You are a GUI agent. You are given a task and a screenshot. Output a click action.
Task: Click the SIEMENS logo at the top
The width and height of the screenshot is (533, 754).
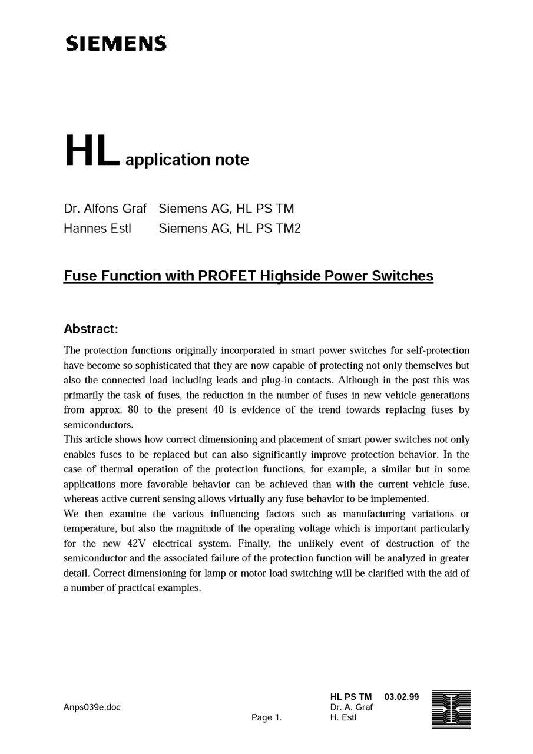coord(116,44)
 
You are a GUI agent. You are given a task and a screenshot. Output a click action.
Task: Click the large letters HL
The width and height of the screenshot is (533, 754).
coord(92,151)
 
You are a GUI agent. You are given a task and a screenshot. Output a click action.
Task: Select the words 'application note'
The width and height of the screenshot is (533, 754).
coord(187,160)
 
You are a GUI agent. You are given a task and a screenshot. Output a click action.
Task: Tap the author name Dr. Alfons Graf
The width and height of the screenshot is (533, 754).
coord(105,209)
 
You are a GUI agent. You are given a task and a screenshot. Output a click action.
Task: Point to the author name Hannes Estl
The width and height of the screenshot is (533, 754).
coord(97,228)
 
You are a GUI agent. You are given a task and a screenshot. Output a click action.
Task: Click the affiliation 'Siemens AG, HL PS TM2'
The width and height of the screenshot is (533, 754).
coord(230,228)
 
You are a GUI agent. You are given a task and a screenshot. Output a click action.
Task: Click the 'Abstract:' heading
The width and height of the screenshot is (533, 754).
coord(91,329)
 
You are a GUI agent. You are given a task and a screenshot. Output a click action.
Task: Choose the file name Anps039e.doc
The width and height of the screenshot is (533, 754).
coord(92,707)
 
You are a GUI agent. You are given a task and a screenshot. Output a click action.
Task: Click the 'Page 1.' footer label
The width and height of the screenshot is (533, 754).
coord(266,717)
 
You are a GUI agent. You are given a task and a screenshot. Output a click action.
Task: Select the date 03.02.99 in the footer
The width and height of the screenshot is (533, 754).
coord(401,697)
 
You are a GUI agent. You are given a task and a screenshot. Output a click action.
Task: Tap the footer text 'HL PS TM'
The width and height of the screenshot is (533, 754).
coord(351,697)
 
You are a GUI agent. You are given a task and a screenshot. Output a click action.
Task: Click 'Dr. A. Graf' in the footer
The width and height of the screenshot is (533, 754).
coord(352,707)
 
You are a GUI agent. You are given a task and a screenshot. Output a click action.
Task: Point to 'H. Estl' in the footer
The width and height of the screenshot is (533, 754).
coord(343,717)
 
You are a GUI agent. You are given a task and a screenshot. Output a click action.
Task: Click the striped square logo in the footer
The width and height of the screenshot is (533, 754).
coord(451,709)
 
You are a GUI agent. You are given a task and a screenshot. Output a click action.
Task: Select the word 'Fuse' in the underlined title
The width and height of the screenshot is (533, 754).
coord(80,276)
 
